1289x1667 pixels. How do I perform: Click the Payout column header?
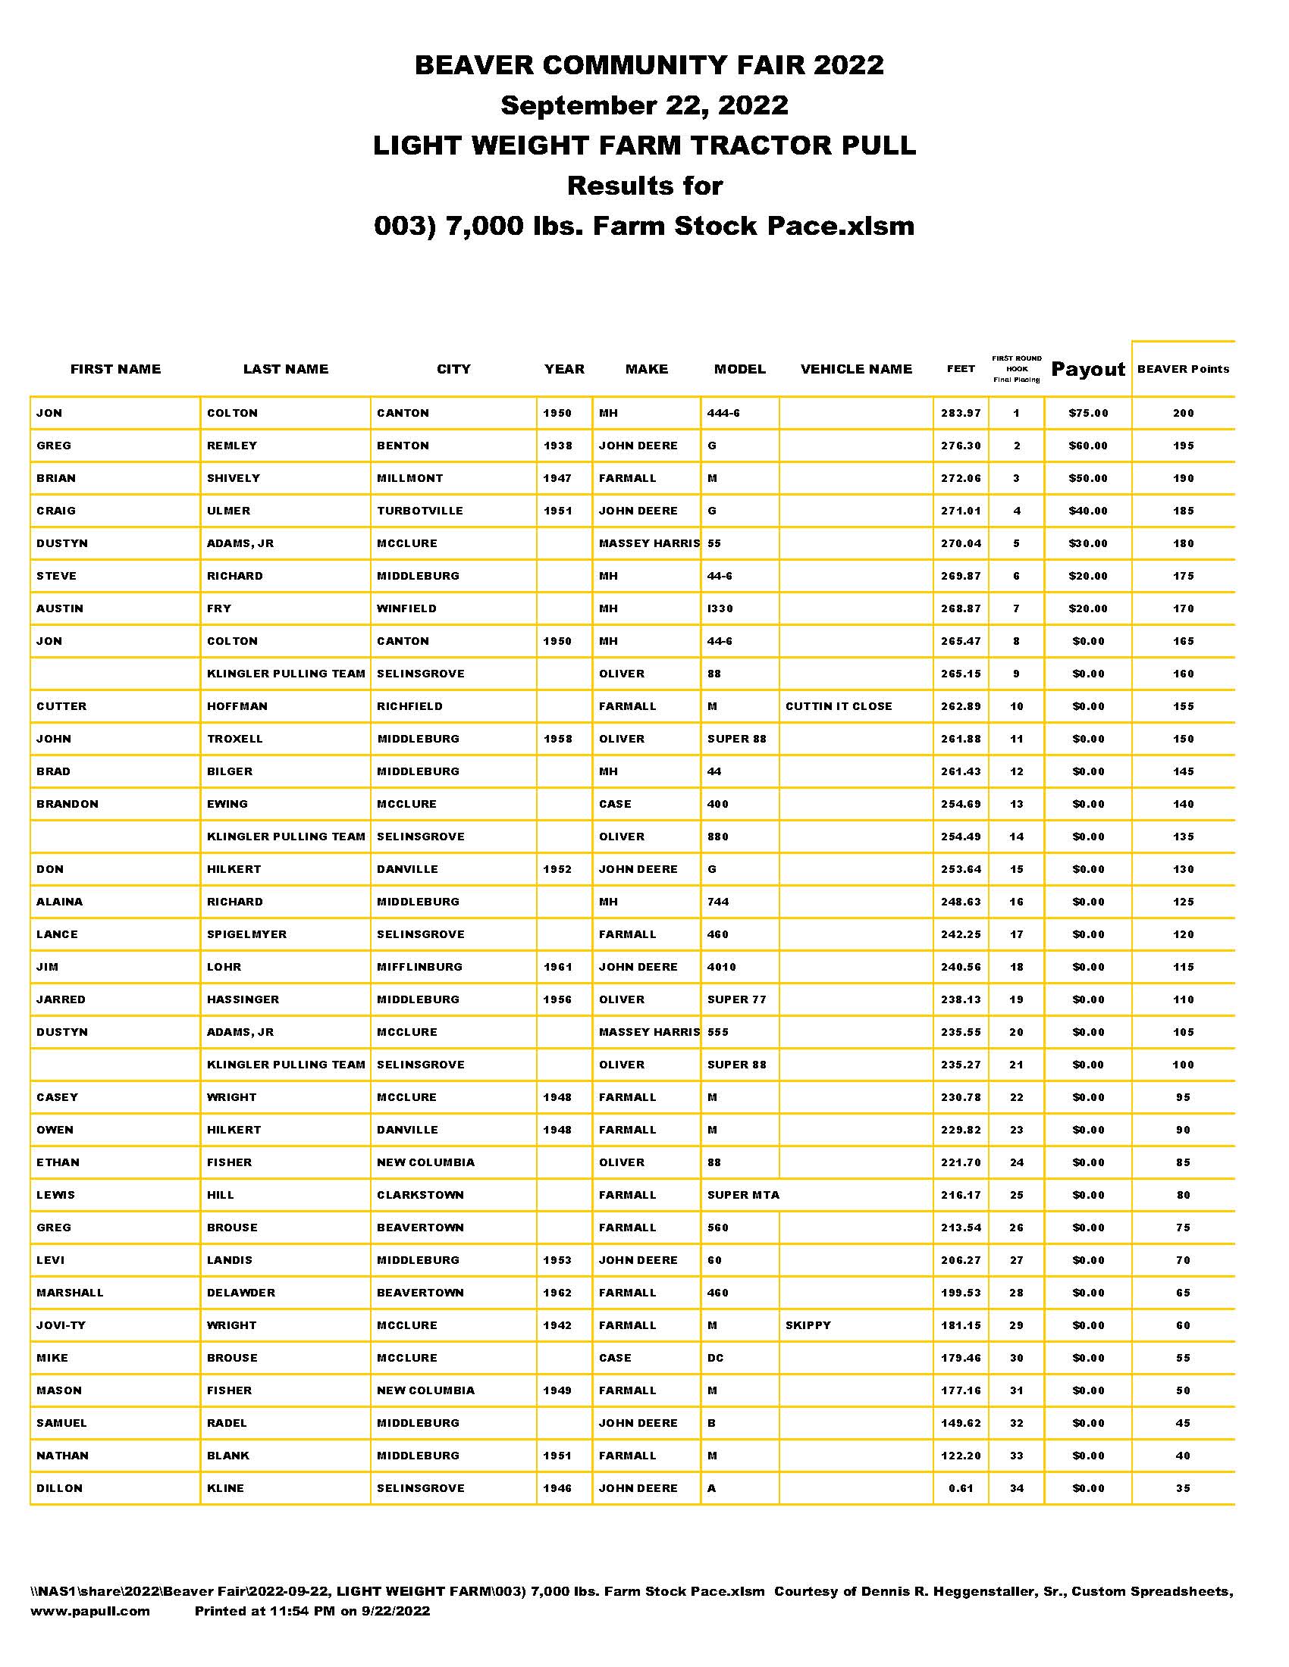point(1087,369)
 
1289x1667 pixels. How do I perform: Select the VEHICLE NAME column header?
point(856,369)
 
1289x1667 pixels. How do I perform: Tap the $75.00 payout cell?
point(1087,413)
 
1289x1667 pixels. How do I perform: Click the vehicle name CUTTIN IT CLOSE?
point(839,706)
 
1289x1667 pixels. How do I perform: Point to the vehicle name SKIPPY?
point(808,1325)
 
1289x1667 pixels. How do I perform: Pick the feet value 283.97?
point(961,413)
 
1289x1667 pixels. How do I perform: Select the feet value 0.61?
point(961,1487)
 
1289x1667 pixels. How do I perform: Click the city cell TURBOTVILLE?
point(420,511)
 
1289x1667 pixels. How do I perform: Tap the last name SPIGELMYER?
point(246,934)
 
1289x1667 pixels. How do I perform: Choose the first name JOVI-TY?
point(61,1325)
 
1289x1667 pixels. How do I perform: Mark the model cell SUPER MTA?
point(743,1194)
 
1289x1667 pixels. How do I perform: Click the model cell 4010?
point(722,966)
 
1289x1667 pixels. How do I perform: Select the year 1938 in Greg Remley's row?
point(557,446)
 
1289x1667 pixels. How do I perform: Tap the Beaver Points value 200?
point(1183,413)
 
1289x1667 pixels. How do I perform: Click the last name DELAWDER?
point(240,1292)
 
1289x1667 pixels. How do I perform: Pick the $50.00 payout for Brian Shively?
point(1087,478)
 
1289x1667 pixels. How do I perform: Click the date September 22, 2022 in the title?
point(644,105)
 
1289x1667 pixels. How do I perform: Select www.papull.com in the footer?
point(90,1610)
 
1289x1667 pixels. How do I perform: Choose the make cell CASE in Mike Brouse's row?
point(615,1358)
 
